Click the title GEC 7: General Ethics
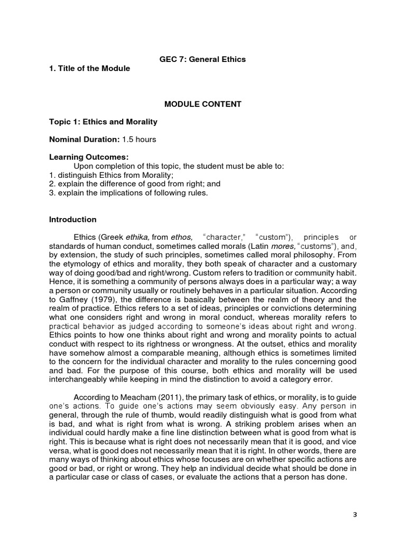(202, 59)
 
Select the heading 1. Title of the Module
(89, 69)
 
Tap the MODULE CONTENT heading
(202, 104)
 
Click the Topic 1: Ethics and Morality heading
(103, 122)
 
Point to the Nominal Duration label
(84, 140)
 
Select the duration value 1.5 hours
(139, 140)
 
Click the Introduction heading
(72, 219)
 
